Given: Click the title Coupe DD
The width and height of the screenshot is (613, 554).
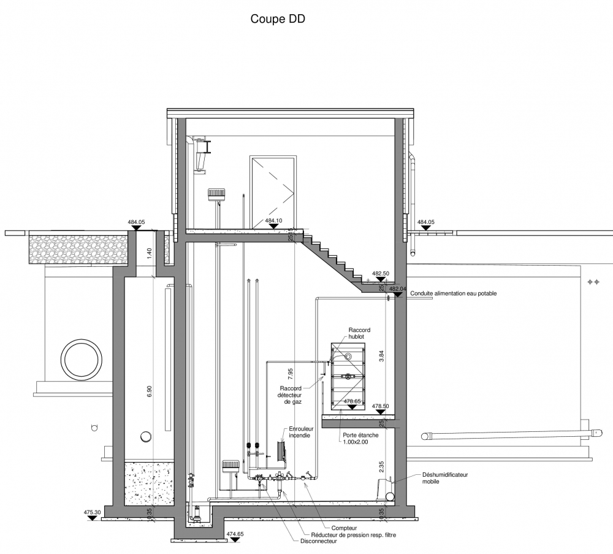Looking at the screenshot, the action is [278, 19].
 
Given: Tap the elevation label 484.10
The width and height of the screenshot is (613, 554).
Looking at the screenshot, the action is [273, 221].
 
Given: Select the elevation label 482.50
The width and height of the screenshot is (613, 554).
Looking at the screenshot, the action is [381, 274].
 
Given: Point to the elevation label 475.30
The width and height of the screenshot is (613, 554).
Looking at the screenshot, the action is [93, 512].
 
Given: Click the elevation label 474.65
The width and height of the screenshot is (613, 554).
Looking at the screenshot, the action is [235, 534].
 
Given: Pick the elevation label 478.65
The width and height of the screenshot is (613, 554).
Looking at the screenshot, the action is [352, 401].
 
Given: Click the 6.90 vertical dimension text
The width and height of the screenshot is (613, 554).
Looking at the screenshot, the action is [149, 391].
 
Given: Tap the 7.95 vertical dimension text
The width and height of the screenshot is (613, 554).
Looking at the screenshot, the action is [290, 374].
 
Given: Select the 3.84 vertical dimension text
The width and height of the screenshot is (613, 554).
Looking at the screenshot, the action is [382, 355].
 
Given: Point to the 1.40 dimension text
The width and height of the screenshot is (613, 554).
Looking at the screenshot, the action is [149, 253].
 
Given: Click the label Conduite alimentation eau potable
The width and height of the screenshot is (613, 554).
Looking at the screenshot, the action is [454, 293].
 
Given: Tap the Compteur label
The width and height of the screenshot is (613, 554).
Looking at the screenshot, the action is [344, 528].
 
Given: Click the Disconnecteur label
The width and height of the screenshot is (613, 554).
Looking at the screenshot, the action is [319, 541].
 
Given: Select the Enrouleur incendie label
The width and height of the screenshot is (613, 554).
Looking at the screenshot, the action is [301, 432].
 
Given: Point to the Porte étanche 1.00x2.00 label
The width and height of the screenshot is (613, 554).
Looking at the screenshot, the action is [360, 438].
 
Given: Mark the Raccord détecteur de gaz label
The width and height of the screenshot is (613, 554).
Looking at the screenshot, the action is [291, 395].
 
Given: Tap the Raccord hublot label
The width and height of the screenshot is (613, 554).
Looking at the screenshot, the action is [359, 333].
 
